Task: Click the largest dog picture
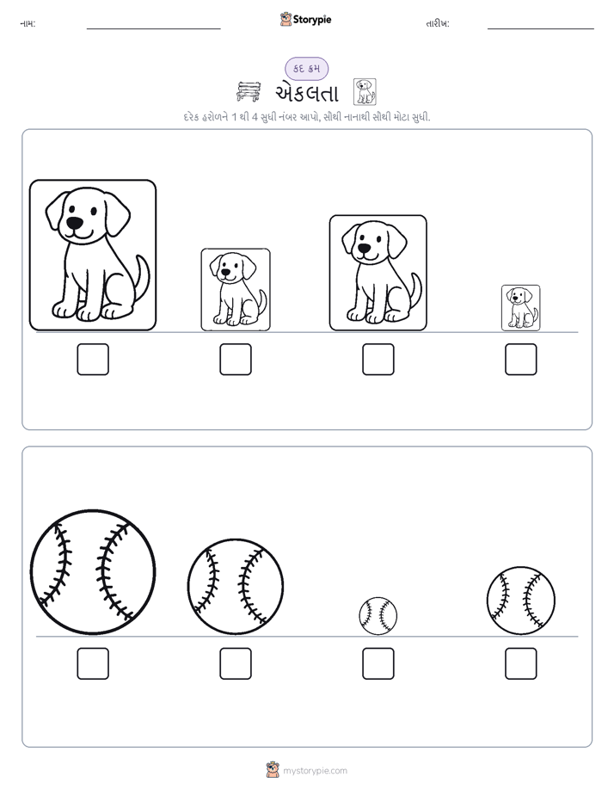tap(93, 255)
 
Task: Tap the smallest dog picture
tap(521, 308)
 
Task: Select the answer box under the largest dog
tap(93, 360)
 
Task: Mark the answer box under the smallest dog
tap(521, 360)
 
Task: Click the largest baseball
tap(93, 572)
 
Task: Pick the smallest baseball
tap(378, 615)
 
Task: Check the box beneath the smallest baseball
tap(378, 663)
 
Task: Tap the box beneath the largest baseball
tap(93, 663)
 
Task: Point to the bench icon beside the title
tap(249, 92)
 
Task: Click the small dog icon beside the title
tap(365, 92)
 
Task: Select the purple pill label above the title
tap(306, 69)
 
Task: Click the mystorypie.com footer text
tap(315, 771)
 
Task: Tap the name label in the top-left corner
tap(28, 23)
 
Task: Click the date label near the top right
tap(438, 23)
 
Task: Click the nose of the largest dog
tap(74, 223)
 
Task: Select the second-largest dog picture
tap(378, 273)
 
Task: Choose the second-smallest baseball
tap(521, 601)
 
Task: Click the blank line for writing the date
tap(541, 29)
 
